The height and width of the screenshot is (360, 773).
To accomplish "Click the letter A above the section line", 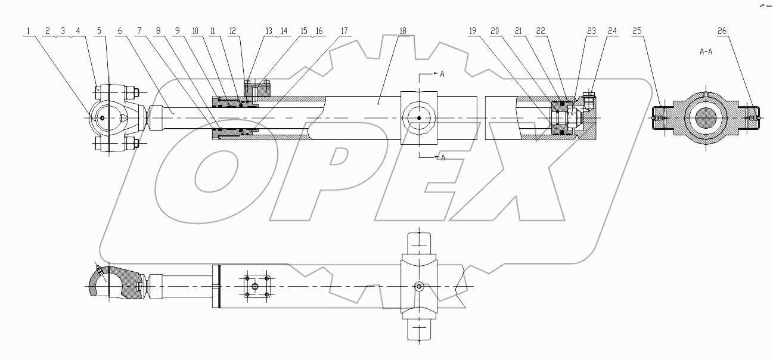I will coord(442,75).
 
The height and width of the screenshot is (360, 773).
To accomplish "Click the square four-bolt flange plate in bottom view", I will coord(257,287).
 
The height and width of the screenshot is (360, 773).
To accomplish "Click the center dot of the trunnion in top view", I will coord(420,118).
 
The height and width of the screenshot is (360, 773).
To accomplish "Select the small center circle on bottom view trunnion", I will coord(420,287).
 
